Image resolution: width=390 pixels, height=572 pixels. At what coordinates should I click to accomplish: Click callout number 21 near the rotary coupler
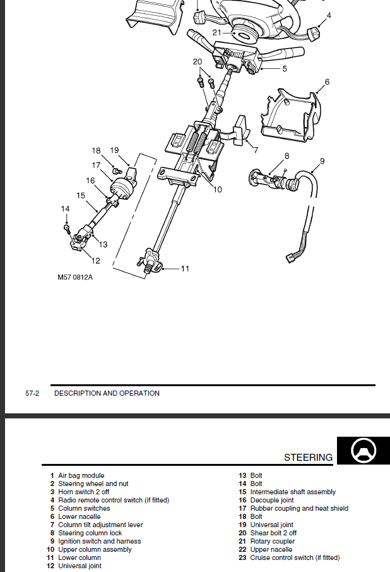(216, 32)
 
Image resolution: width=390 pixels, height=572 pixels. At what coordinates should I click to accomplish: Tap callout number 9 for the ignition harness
(322, 161)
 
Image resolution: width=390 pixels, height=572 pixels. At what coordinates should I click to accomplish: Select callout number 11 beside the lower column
(185, 269)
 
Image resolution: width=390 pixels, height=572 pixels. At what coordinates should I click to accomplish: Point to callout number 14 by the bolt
(65, 209)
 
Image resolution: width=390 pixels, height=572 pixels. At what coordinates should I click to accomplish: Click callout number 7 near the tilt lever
(256, 150)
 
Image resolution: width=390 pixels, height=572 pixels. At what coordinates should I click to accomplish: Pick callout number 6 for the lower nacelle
(327, 82)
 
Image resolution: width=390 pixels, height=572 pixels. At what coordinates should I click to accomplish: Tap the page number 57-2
(32, 393)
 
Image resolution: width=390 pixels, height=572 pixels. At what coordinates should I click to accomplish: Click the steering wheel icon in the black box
(362, 451)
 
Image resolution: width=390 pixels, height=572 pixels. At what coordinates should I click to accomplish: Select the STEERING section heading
(308, 458)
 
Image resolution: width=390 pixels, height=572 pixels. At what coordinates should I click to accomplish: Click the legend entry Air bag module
(81, 475)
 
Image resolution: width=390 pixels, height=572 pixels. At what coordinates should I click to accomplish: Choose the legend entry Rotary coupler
(272, 541)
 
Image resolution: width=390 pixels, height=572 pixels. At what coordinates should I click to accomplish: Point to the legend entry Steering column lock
(90, 533)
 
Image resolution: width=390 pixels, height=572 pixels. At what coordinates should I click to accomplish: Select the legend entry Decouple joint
(271, 500)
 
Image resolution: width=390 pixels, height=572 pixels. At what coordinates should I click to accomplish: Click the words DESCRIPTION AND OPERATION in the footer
(107, 393)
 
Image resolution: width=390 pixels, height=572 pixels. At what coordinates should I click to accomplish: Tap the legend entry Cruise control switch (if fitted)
(295, 557)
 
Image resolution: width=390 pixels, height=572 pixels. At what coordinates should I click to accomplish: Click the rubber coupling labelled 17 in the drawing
(121, 188)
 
